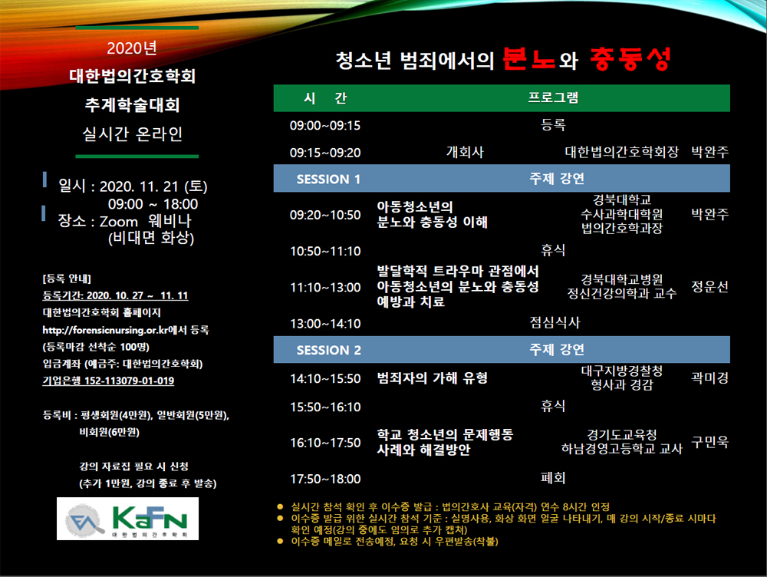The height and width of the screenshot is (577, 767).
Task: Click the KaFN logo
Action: pos(127,519)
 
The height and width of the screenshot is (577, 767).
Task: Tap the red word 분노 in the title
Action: pos(528,59)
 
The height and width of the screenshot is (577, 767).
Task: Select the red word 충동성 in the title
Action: pos(630,59)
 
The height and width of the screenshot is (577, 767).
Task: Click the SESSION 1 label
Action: pos(328,179)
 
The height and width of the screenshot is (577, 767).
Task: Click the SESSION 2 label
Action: pos(329,350)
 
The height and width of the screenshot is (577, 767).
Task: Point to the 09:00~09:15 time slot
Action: pos(324,126)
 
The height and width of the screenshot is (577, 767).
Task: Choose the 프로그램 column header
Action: pos(553,97)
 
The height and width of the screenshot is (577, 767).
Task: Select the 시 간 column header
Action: pos(325,98)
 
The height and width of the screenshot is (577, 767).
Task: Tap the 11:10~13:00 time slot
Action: pos(325,287)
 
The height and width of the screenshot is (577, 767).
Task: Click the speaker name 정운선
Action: pos(709,286)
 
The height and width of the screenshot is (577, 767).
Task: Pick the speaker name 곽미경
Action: pos(709,378)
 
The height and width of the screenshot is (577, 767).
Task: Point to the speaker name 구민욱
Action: pos(709,442)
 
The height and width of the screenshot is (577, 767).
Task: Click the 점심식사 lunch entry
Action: pos(555,322)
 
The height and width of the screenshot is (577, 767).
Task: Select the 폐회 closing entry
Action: pos(553,478)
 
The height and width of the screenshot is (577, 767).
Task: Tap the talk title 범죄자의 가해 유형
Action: pos(432,378)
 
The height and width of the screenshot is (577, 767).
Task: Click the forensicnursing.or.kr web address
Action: pos(104,330)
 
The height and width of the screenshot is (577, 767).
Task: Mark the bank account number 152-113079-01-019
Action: pos(129,381)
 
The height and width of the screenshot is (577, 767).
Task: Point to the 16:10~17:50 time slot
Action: pos(325,443)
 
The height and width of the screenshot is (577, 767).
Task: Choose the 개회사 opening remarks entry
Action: pos(465,152)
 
